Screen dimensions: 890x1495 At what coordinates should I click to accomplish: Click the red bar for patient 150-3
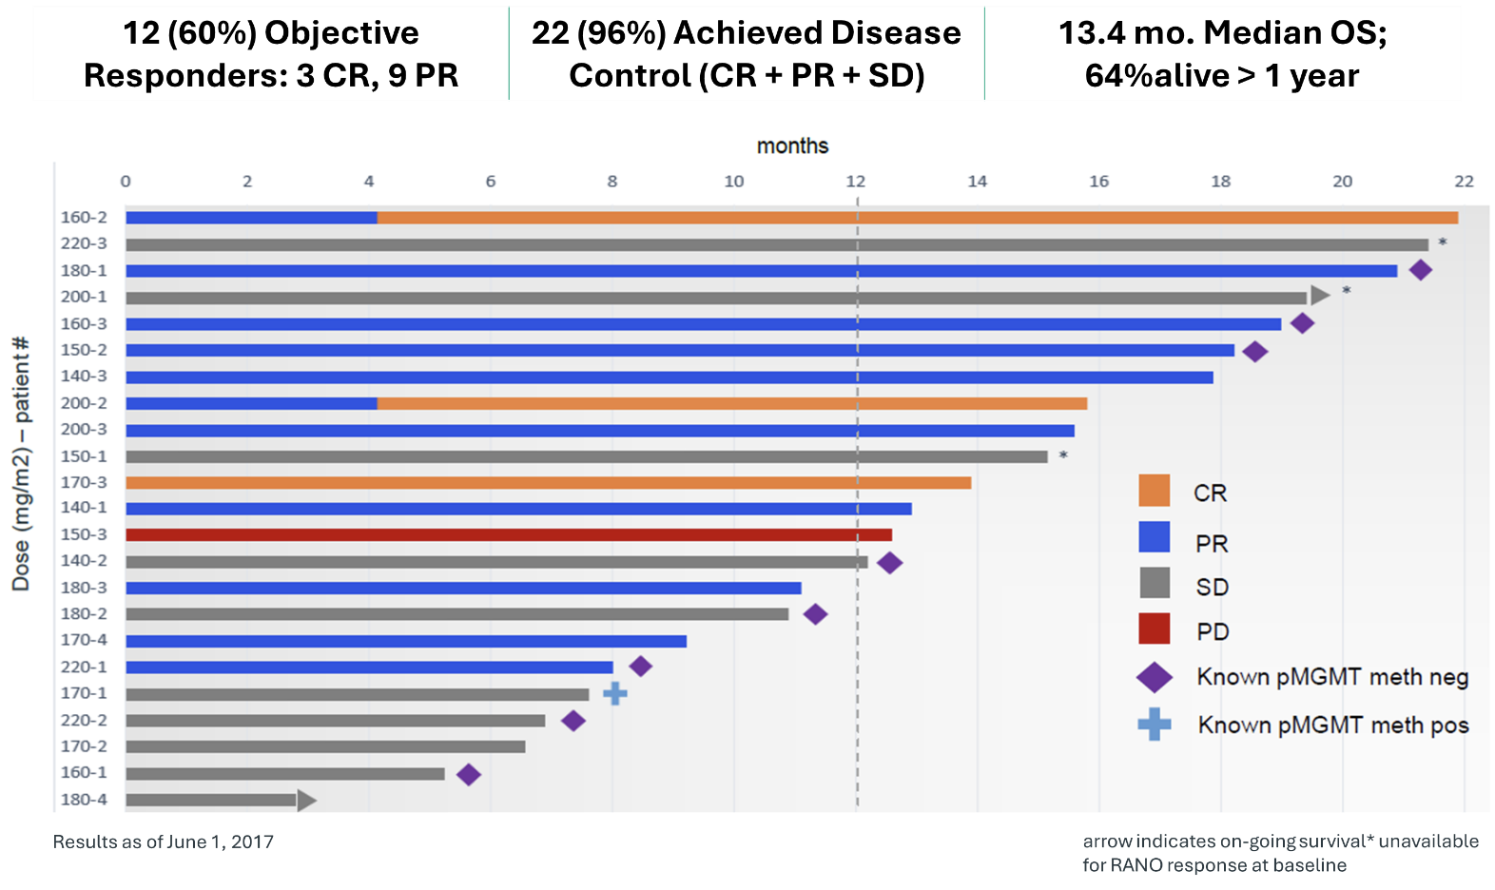[x=509, y=534]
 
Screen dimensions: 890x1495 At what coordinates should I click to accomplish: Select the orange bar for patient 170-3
[x=548, y=482]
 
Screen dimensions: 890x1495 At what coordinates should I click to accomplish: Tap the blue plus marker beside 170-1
[x=615, y=694]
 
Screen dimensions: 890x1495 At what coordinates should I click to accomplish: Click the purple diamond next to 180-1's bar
[x=1420, y=270]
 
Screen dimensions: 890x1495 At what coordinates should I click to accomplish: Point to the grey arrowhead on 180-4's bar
[x=306, y=800]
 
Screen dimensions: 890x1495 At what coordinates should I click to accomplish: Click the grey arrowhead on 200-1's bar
[x=1320, y=295]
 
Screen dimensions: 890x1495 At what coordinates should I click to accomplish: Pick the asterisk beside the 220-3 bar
[x=1443, y=243]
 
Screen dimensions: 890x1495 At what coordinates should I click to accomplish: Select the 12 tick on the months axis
[x=856, y=182]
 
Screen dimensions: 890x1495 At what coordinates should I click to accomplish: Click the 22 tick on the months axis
[x=1464, y=182]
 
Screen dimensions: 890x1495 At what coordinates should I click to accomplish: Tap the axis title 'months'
[x=792, y=146]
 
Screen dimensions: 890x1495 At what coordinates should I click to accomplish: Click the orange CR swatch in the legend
[x=1154, y=491]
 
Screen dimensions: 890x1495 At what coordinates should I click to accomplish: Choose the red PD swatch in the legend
[x=1154, y=629]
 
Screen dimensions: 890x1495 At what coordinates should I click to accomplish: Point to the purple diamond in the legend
[x=1155, y=677]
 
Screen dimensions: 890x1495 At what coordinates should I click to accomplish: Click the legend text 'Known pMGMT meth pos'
[x=1332, y=726]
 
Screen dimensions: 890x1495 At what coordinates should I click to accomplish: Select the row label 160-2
[x=84, y=218]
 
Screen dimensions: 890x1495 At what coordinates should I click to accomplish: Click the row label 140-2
[x=84, y=561]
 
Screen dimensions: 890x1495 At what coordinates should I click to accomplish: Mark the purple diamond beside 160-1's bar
[x=468, y=774]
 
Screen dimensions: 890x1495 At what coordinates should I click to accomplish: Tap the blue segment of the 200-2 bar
[x=251, y=403]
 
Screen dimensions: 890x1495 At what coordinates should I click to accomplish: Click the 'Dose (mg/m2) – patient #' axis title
[x=21, y=464]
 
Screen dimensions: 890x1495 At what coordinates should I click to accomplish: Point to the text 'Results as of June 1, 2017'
[x=164, y=842]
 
